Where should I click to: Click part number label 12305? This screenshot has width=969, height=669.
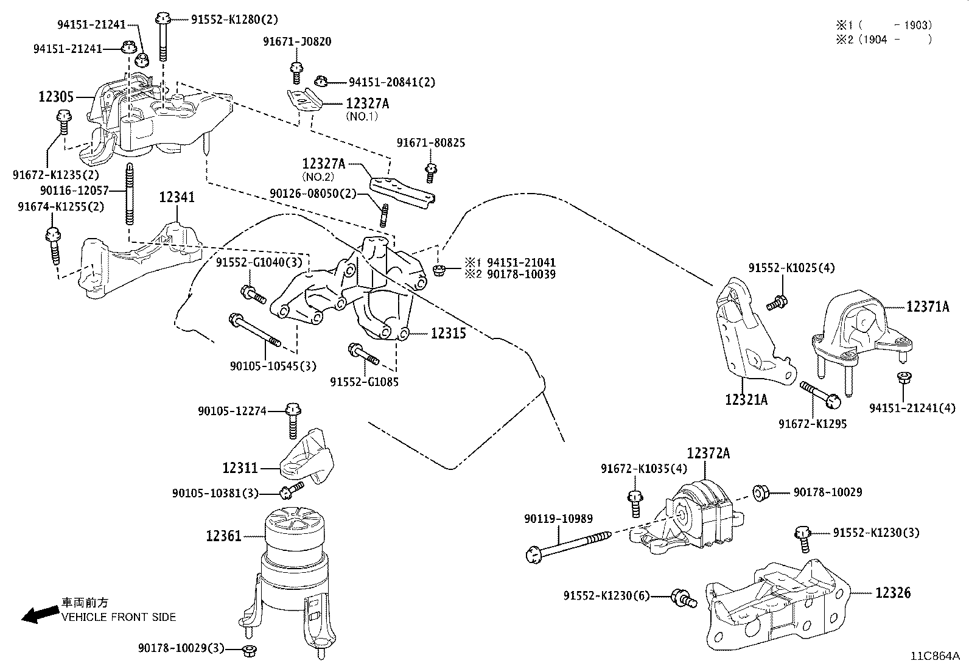click(x=56, y=97)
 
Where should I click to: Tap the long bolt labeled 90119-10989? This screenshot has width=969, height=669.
click(x=569, y=545)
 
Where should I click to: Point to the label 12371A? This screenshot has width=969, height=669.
click(x=927, y=307)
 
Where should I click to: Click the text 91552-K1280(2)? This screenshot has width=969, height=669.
click(x=234, y=19)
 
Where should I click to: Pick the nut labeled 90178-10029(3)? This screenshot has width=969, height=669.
click(x=248, y=650)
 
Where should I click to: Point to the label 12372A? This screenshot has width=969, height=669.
click(x=708, y=454)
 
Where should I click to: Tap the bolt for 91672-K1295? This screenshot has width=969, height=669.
click(x=819, y=393)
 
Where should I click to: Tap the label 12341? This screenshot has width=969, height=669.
click(x=177, y=197)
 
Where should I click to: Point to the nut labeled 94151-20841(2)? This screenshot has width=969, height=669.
click(x=322, y=80)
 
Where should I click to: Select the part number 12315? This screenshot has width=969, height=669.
click(x=449, y=334)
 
